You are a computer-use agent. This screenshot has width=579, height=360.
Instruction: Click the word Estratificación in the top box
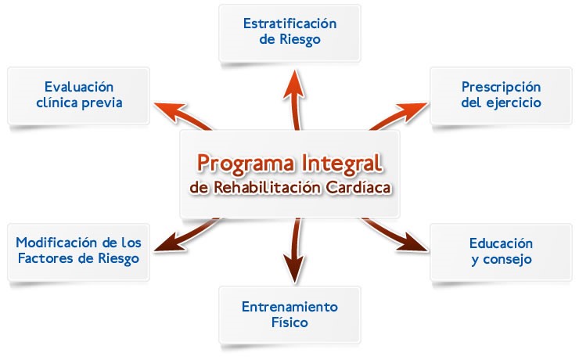(x=289, y=23)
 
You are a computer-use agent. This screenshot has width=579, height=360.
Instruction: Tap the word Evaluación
(x=79, y=87)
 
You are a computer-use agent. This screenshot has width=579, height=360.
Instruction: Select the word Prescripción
(x=501, y=88)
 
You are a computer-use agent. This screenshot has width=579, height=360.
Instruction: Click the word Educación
(x=501, y=243)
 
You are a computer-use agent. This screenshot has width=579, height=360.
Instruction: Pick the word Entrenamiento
(x=289, y=307)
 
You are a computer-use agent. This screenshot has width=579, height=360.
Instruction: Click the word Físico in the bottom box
(x=289, y=322)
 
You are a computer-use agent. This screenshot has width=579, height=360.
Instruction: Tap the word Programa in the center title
(x=246, y=164)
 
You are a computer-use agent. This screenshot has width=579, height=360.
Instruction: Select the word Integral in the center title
(x=342, y=164)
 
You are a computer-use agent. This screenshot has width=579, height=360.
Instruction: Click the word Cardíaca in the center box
(x=358, y=188)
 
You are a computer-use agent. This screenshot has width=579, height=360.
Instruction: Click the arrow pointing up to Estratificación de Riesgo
(x=295, y=99)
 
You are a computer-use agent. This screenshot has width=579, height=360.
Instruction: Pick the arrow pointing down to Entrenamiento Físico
(x=294, y=250)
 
